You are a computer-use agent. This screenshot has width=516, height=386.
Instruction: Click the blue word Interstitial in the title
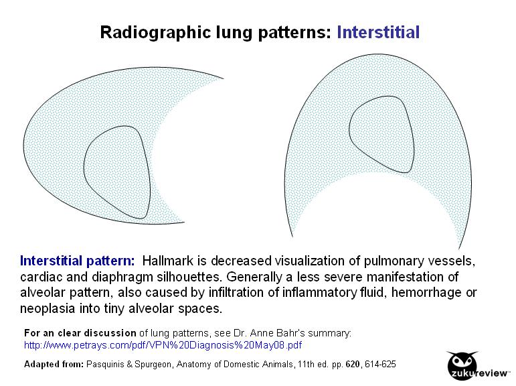[x=378, y=31]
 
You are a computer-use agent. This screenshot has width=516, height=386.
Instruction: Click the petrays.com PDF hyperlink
[x=163, y=345]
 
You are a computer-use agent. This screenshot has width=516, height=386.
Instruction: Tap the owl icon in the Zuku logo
[x=460, y=360]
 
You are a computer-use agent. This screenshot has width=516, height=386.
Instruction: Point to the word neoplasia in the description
[x=48, y=309]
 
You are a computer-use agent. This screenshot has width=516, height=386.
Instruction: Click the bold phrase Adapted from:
[x=52, y=365]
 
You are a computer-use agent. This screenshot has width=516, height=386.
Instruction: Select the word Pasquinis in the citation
[x=107, y=365]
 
